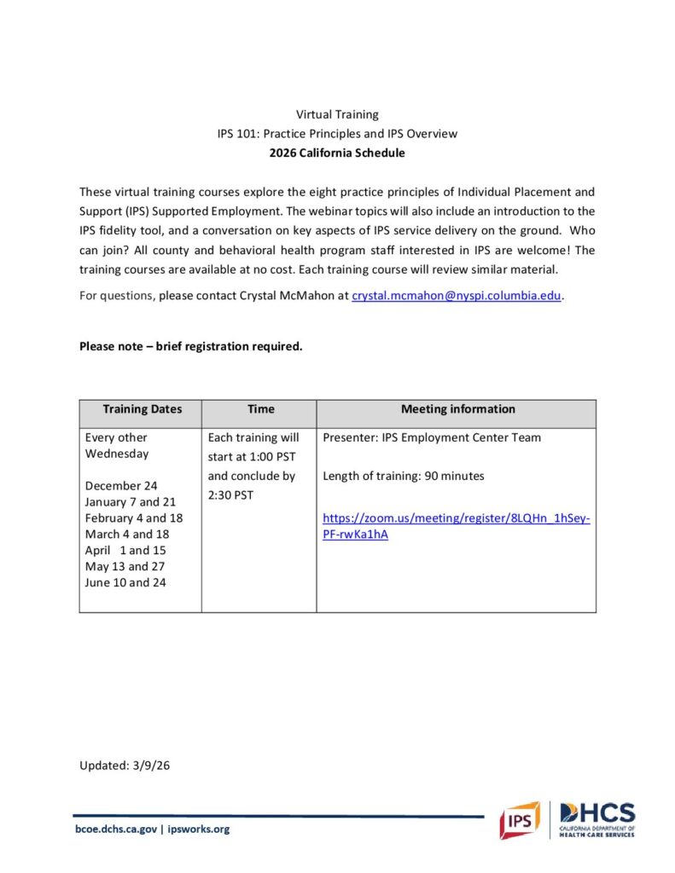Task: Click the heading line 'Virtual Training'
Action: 337,114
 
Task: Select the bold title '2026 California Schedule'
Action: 337,153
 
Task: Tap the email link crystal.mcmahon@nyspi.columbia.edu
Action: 457,296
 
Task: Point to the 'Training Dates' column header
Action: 142,409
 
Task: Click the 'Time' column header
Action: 260,409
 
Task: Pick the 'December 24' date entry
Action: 121,486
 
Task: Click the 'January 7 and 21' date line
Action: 131,502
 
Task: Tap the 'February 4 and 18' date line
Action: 134,518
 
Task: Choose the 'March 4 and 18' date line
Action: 126,535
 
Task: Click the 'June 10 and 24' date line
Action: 125,583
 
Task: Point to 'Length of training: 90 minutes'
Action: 404,477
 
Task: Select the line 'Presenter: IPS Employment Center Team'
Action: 432,438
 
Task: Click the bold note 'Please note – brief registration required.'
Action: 191,346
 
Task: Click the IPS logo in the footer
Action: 519,820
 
